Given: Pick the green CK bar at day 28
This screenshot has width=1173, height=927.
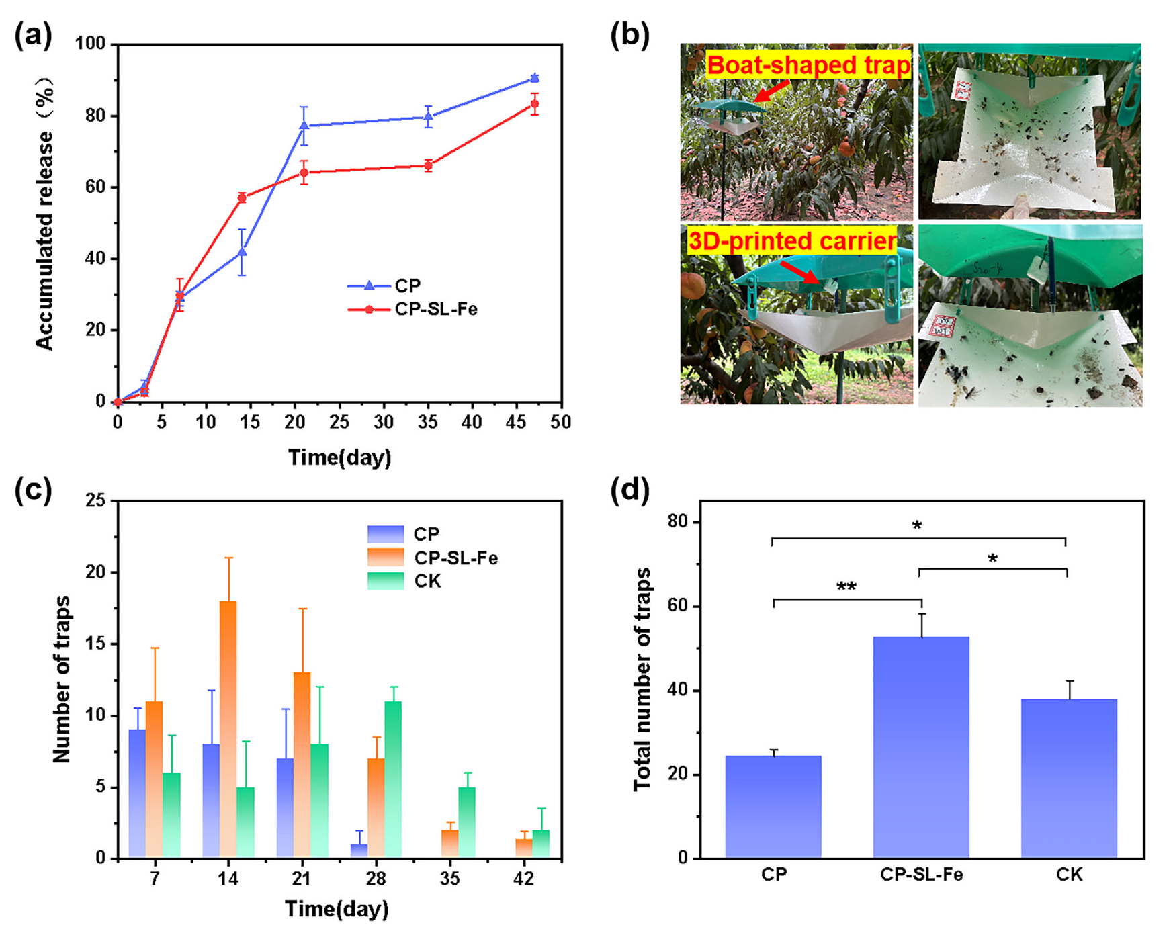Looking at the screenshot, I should point(393,779).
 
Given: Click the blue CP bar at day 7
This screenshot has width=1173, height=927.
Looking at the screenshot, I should point(137,793).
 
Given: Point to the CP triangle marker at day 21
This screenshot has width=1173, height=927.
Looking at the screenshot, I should point(304,126).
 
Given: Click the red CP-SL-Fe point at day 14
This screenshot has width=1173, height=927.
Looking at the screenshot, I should point(242,197).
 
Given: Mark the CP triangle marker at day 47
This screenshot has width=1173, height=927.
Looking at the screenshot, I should point(535,78).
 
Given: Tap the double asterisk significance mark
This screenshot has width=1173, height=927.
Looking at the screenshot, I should point(846,587).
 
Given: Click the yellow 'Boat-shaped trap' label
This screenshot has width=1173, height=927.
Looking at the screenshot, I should point(808,65).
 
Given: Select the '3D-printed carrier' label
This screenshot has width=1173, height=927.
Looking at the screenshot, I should point(792,240).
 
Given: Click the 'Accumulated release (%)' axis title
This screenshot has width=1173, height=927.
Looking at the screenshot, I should point(45,214).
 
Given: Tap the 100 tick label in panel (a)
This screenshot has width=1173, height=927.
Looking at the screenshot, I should point(91,44).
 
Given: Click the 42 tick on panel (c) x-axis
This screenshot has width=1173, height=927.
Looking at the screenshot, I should point(523,879).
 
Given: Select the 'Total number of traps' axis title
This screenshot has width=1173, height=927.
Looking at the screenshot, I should point(642,679).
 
